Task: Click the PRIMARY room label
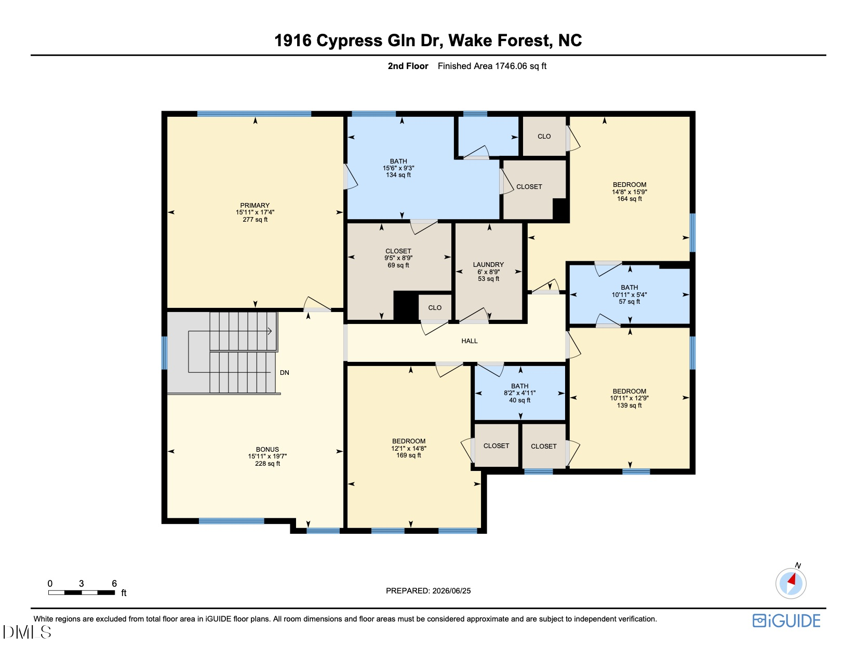coord(255,205)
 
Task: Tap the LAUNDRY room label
coord(488,265)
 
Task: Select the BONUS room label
coord(267,449)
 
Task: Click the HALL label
coord(470,341)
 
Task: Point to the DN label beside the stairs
coord(284,373)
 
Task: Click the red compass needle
coord(792,579)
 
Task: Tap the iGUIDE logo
coord(786,620)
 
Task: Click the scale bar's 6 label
coord(114,583)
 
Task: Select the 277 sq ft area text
coord(255,219)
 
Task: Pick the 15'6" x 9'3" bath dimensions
coord(398,168)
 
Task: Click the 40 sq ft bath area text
coord(519,400)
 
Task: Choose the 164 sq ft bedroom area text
coord(630,199)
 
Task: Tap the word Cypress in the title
coord(349,40)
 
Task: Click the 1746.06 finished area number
coord(511,66)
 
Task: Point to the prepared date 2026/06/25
coord(451,591)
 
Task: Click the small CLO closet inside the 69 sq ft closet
coord(435,307)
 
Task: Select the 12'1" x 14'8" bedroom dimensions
coord(409,448)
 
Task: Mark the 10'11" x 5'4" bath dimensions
coord(629,294)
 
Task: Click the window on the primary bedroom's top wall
coord(254,114)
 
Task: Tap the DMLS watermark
coord(27,632)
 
